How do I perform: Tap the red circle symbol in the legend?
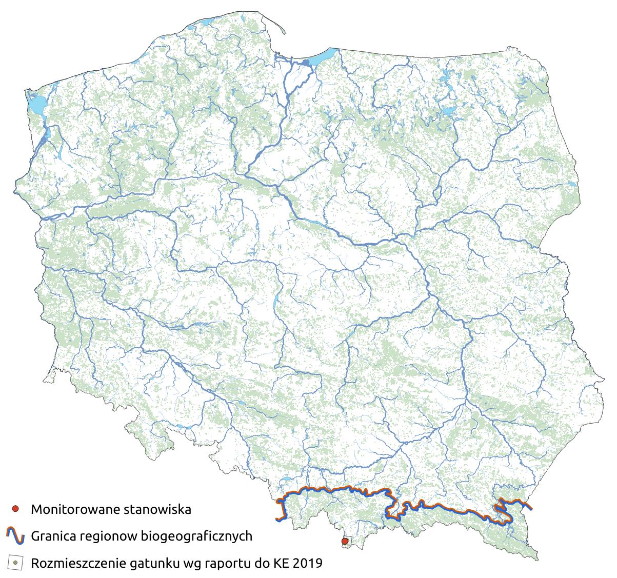(x=15, y=509)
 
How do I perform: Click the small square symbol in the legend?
(x=15, y=563)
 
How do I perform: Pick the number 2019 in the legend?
(x=308, y=563)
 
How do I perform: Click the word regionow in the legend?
(x=108, y=536)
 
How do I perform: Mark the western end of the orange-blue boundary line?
(x=277, y=520)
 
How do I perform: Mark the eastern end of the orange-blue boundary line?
(x=531, y=508)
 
